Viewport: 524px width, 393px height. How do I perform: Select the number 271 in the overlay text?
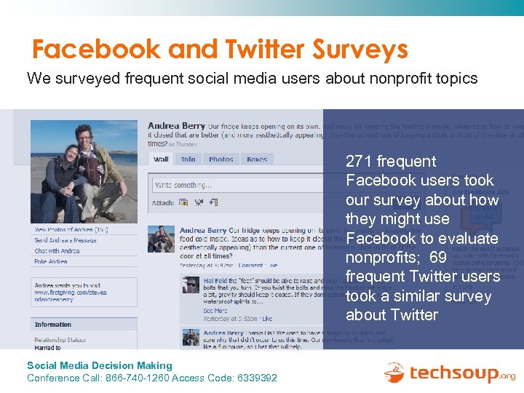(x=359, y=162)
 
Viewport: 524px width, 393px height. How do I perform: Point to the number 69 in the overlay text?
(x=438, y=258)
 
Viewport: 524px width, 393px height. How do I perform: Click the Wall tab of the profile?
(x=162, y=159)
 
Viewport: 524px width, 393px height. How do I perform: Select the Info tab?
(x=188, y=159)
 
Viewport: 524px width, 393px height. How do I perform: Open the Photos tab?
(x=221, y=159)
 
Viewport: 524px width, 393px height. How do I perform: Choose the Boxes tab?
(x=257, y=159)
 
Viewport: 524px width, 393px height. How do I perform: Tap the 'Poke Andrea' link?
(x=51, y=261)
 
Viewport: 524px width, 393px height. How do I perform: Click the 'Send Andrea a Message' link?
(x=65, y=240)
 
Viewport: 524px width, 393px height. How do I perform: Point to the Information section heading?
(x=53, y=325)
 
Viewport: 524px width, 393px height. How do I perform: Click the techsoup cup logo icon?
(x=395, y=373)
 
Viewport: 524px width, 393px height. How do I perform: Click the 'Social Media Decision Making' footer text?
(x=100, y=366)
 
